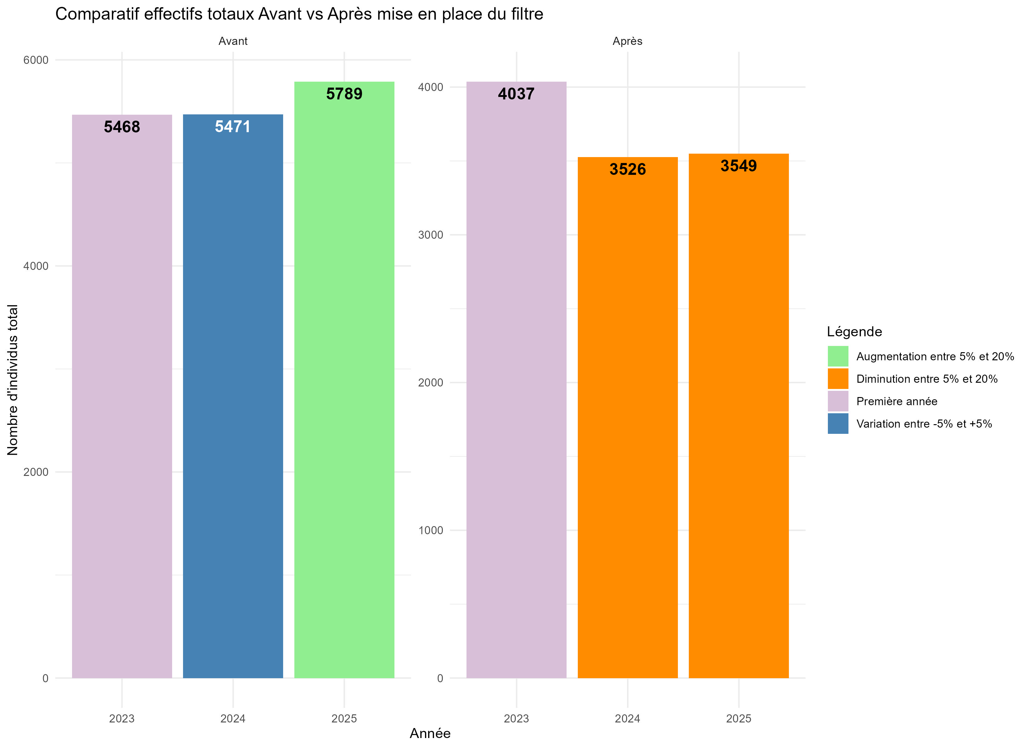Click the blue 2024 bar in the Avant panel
(x=233, y=408)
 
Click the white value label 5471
(x=232, y=127)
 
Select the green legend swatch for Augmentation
(x=838, y=356)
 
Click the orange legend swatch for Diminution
(x=838, y=379)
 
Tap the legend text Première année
(x=896, y=401)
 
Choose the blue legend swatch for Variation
(x=838, y=424)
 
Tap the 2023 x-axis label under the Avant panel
(x=122, y=718)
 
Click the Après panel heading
(x=627, y=41)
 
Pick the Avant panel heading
(x=233, y=41)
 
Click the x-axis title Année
(x=430, y=733)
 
